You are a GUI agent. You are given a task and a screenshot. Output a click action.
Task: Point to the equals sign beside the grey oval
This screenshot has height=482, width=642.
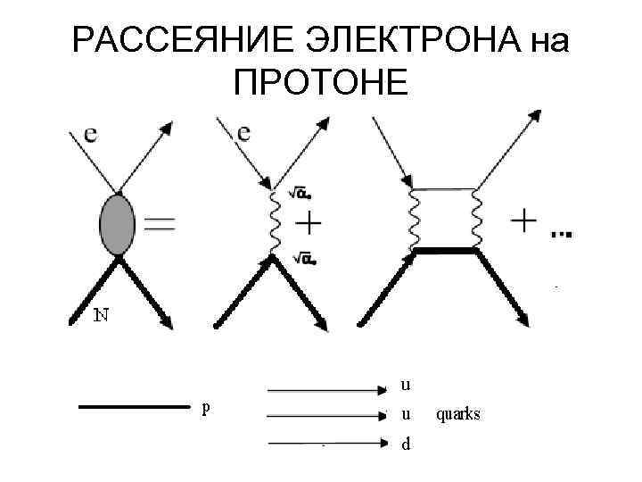tap(160, 227)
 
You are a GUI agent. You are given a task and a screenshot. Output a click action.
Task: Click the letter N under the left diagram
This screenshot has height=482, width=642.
tap(102, 315)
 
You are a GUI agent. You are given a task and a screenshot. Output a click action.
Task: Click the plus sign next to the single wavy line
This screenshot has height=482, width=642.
tap(309, 223)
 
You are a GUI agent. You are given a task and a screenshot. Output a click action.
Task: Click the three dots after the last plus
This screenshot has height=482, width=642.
tap(561, 234)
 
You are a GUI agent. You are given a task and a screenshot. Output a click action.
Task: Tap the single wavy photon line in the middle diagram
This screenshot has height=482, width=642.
tap(274, 223)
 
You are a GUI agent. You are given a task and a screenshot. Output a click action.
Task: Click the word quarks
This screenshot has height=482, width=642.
tap(458, 414)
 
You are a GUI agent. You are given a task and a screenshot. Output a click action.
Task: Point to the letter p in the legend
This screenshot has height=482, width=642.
tap(207, 407)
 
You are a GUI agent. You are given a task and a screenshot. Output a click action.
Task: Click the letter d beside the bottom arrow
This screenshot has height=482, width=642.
tap(406, 444)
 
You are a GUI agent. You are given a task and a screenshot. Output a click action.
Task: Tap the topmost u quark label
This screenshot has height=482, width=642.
tap(406, 386)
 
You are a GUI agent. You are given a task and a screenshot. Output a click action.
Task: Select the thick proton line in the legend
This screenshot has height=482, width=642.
tap(135, 407)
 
